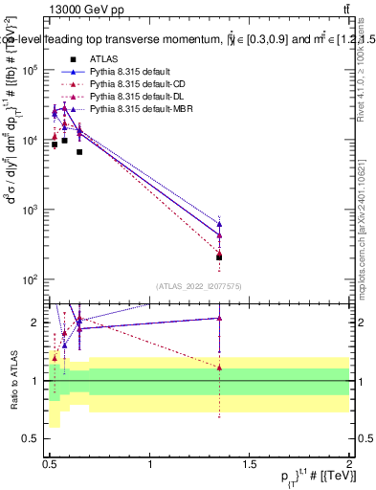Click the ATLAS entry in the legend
click(x=104, y=59)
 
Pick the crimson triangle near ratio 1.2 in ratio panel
click(x=220, y=367)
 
